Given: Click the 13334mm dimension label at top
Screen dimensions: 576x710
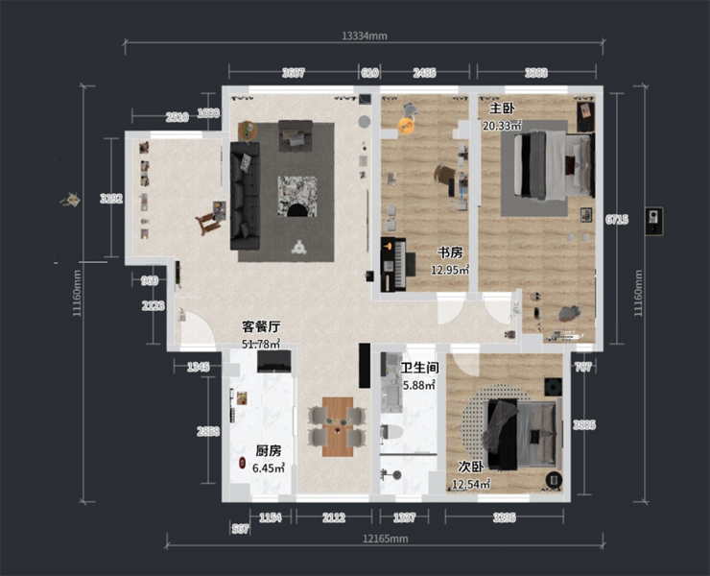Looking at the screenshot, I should tap(364, 36).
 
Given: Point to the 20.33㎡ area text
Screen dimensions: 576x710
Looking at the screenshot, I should tap(502, 125).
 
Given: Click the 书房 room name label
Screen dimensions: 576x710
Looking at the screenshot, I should tap(450, 252).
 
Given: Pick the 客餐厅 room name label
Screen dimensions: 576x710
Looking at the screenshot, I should tap(260, 326).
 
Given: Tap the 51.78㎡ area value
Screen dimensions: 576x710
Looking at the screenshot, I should tap(260, 343).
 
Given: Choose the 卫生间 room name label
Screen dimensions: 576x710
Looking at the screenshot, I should tap(419, 368).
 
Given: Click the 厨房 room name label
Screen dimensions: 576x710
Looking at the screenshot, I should tap(269, 450).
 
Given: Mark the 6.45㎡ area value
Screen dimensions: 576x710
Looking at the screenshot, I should tap(269, 468).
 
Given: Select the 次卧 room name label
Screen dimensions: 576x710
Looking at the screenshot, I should tap(470, 467).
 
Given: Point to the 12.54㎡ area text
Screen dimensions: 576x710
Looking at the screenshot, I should tap(471, 484).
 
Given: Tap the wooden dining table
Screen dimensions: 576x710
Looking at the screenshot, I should tap(337, 425).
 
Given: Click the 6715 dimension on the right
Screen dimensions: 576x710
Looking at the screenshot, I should tap(616, 220).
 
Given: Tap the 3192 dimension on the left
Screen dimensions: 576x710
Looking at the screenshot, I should tap(111, 199).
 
